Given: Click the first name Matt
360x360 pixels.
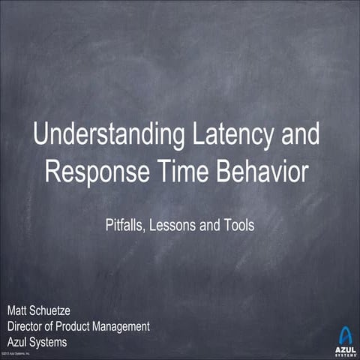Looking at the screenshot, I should coord(19,310).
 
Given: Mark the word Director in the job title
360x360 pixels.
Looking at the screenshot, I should coord(29,325).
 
